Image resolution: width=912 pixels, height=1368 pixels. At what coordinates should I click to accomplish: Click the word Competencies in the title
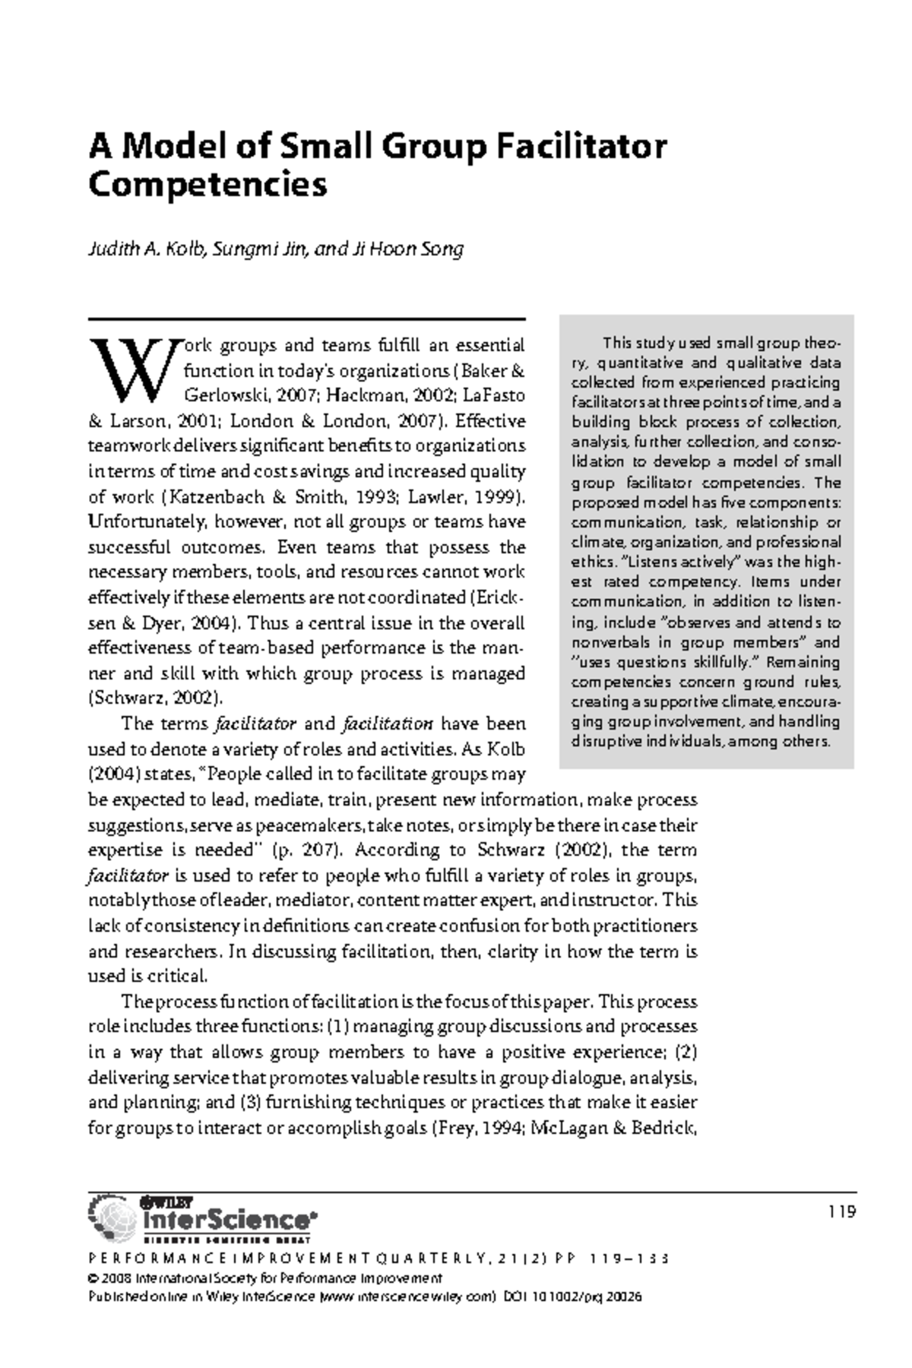[207, 185]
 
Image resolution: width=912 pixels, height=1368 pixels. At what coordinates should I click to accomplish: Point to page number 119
[843, 1211]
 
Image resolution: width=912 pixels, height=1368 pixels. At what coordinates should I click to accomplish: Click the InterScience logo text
[226, 1220]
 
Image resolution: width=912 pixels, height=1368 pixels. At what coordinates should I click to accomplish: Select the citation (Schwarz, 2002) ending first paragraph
[156, 698]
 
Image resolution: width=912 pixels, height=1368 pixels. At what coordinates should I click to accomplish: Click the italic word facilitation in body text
[388, 723]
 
